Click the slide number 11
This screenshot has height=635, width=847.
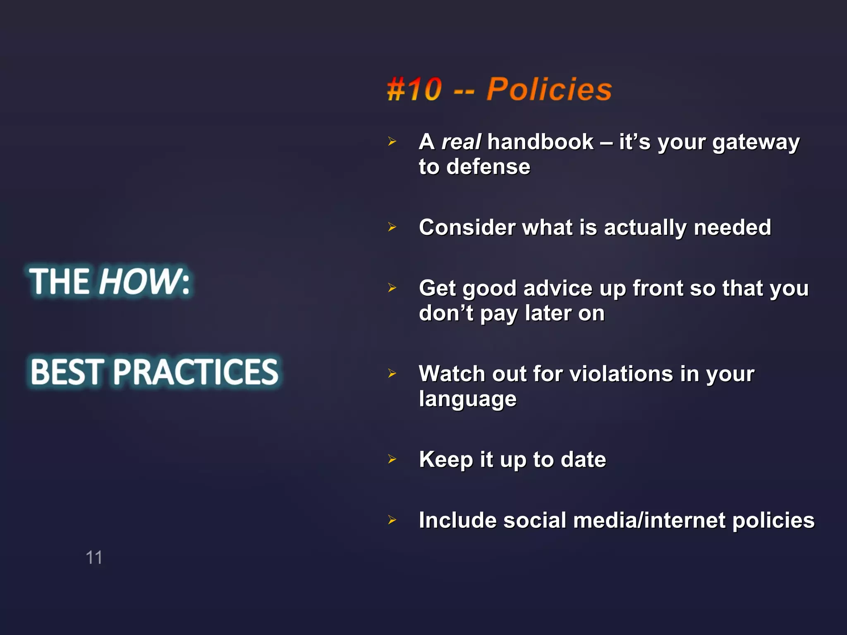tap(94, 558)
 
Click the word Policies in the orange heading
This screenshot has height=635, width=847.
tap(549, 89)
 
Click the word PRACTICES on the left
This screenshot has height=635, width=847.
tap(196, 372)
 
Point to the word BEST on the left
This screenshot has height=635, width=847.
tap(67, 372)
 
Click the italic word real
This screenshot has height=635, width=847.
tap(461, 142)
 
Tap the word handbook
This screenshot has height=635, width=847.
tap(540, 142)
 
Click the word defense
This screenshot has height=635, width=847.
tap(488, 167)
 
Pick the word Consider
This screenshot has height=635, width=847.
tap(467, 228)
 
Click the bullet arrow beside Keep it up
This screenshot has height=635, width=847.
tap(392, 459)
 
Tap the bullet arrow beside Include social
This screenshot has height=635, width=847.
tap(392, 520)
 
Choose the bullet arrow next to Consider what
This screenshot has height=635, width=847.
tap(392, 227)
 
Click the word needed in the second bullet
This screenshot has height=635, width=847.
tap(732, 228)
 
